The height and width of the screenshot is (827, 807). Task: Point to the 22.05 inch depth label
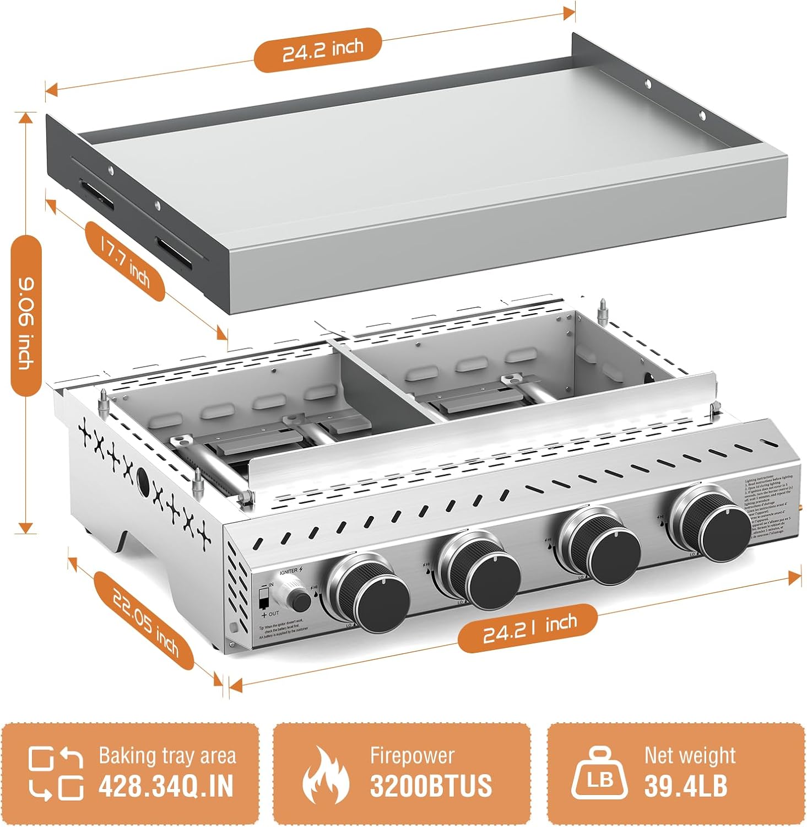point(144,621)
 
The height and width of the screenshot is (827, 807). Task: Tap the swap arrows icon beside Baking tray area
point(56,773)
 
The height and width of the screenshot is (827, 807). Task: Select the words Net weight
point(690,755)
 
